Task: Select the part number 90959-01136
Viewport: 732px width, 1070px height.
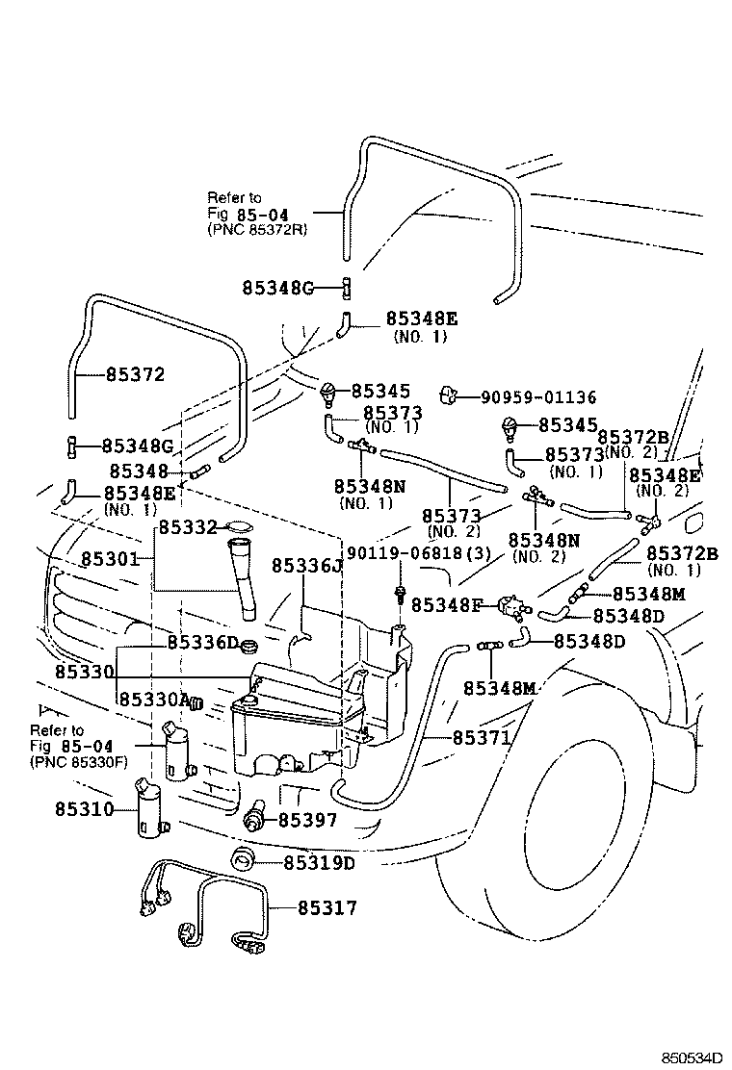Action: click(532, 396)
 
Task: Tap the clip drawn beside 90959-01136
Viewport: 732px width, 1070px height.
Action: click(446, 394)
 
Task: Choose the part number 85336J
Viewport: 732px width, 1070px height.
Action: click(306, 565)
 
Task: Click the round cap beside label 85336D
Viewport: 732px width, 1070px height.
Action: click(249, 642)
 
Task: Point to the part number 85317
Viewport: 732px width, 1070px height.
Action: click(327, 907)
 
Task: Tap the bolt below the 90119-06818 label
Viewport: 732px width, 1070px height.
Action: click(398, 594)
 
